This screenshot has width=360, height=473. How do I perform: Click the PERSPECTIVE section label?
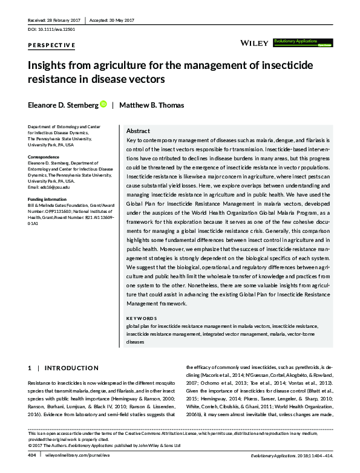pos(52,45)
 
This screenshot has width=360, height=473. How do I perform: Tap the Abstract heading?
pos(138,131)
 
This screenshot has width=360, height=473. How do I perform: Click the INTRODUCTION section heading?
pos(71,368)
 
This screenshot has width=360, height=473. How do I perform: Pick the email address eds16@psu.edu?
pos(57,186)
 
